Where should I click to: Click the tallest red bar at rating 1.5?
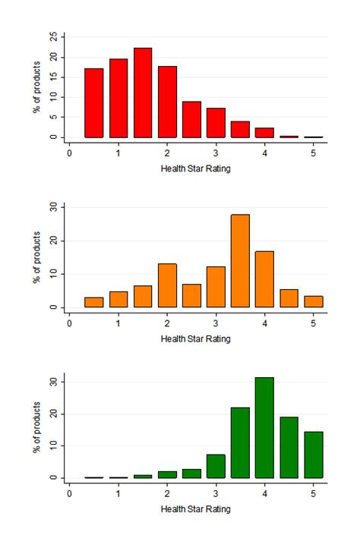tap(143, 93)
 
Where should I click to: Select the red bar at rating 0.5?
tap(94, 103)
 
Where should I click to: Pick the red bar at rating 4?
tap(264, 133)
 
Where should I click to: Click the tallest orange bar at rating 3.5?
tap(240, 261)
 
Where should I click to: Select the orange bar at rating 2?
tap(167, 285)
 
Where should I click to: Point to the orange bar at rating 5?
tap(313, 302)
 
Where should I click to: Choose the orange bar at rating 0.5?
tap(94, 303)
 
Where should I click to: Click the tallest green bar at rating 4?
tap(264, 428)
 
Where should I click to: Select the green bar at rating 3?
tap(216, 467)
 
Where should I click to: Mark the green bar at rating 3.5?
tap(240, 443)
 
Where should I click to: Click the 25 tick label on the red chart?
tap(52, 36)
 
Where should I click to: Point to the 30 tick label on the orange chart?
tap(52, 207)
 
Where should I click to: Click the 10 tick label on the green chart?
tap(52, 446)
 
